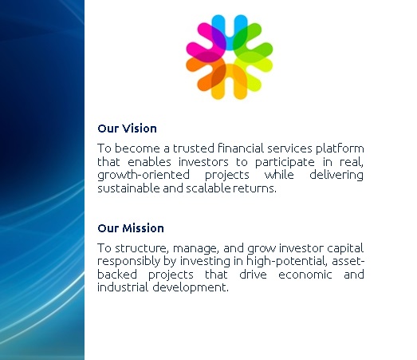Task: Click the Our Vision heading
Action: (x=127, y=129)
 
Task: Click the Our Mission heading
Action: (x=131, y=228)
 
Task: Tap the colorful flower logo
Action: (x=230, y=57)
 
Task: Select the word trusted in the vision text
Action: (x=194, y=148)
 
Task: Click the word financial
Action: (x=241, y=148)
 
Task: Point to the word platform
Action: (x=340, y=148)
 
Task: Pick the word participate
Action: (x=285, y=162)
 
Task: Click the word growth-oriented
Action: (x=144, y=175)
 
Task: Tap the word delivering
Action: (x=336, y=175)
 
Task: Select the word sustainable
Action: (x=128, y=188)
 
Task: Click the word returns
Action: (x=255, y=188)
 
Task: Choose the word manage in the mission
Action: (x=195, y=249)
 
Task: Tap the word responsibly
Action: (x=128, y=262)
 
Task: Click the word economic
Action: (x=305, y=275)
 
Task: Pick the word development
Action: (x=191, y=288)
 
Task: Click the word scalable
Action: (x=208, y=188)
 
